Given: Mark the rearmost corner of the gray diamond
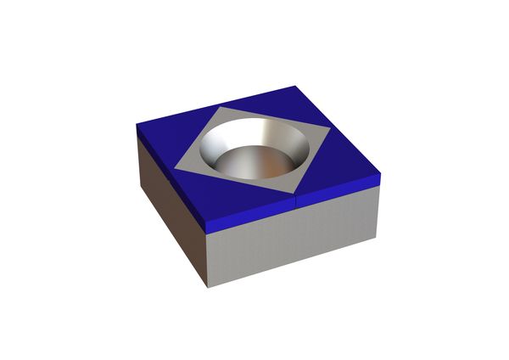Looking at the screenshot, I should tap(224, 109).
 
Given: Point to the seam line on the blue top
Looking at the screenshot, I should tap(294, 199).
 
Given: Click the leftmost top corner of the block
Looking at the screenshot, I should tap(137, 127).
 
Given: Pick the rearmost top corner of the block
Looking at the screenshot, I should tap(301, 86).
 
